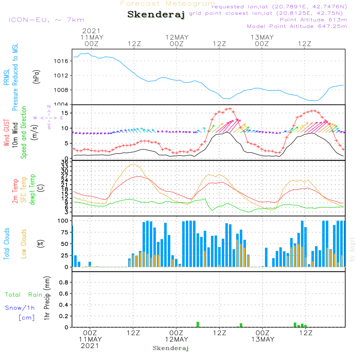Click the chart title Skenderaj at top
pyautogui.click(x=156, y=15)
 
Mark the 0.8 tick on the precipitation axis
pyautogui.click(x=64, y=282)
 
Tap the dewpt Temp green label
pyautogui.click(x=33, y=190)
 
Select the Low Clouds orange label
pyautogui.click(x=24, y=244)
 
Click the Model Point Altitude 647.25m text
pyautogui.click(x=297, y=26)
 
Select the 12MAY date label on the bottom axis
pyautogui.click(x=176, y=339)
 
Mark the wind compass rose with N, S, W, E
pyautogui.click(x=49, y=117)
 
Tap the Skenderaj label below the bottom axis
pyautogui.click(x=171, y=348)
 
